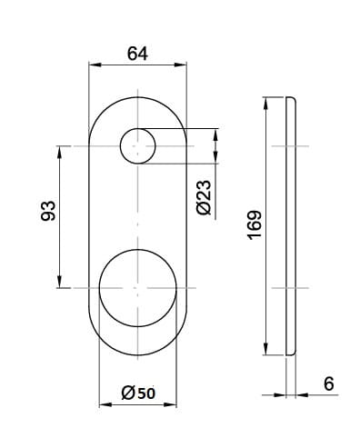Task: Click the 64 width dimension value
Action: coord(137,54)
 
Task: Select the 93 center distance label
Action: coord(48,211)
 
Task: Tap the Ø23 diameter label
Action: coord(204,197)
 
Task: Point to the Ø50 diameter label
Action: coord(138,393)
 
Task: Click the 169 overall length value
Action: coord(255,225)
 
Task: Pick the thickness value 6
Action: coord(329,383)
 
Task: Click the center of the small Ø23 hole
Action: coord(138,146)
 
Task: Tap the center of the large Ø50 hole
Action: coord(138,288)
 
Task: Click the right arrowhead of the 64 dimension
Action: coord(181,65)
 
